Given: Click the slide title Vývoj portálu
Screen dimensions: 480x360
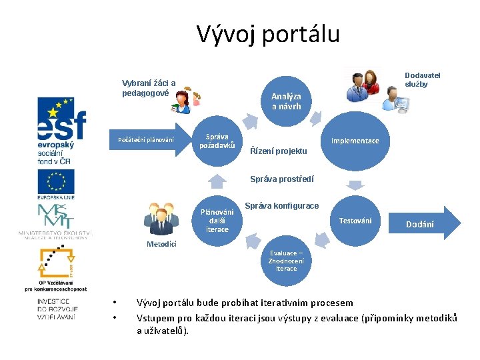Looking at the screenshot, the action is [268, 33].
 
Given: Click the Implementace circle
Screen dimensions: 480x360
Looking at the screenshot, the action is [355, 141].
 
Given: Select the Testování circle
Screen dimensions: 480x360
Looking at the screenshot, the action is [355, 221].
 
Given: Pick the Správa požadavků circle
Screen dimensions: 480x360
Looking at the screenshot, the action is [217, 141].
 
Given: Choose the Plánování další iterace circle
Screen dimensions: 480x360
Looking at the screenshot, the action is [217, 221].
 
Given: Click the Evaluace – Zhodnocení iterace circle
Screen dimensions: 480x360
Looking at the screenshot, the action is [286, 260].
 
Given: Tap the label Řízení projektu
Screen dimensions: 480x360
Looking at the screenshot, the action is [278, 151].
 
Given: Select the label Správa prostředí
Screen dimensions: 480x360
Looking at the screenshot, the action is [281, 179].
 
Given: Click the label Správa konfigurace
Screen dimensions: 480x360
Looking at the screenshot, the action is [282, 205].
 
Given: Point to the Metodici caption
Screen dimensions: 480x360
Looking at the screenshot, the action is [161, 244].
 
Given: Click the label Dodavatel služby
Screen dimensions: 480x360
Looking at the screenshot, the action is [423, 80].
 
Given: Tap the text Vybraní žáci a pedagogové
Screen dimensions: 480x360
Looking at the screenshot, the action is [149, 88].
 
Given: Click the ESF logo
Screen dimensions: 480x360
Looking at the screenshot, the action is [62, 129].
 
